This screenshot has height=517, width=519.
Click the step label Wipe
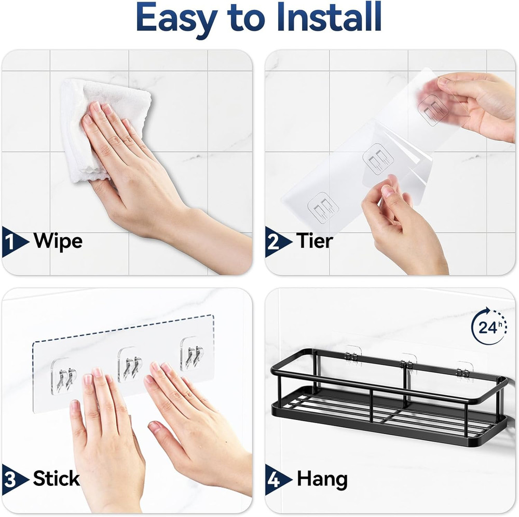pos(58,241)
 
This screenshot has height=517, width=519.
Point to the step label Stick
pos(56,478)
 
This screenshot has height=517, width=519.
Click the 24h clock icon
pos(488,327)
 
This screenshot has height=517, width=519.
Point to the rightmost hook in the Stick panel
pos(193,355)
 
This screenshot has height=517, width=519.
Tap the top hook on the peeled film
pos(433,108)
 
